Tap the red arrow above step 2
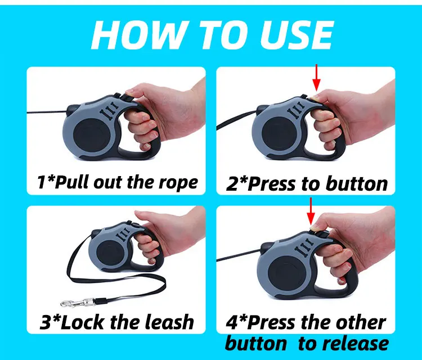(x=316, y=78)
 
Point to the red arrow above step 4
(x=311, y=211)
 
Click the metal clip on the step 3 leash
(x=77, y=303)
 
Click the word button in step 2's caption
(x=357, y=184)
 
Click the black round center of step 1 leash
(x=91, y=136)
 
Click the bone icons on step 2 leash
(x=297, y=110)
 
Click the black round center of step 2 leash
(x=280, y=134)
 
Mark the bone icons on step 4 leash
(x=304, y=247)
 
